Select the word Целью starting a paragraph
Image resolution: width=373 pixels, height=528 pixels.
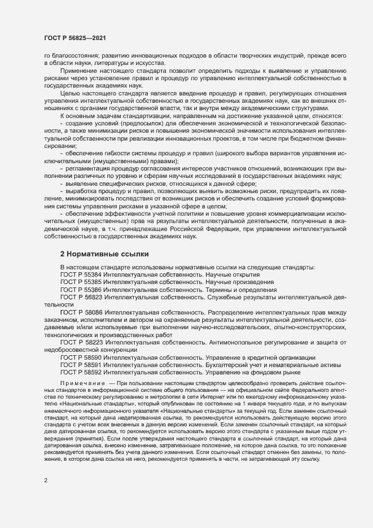coord(71,93)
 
